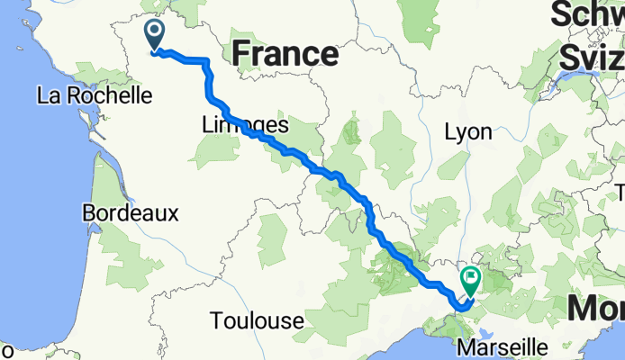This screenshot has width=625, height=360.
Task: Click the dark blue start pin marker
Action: [154, 35]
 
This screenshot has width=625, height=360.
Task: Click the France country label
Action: [285, 53]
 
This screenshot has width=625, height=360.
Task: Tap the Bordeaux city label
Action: [131, 213]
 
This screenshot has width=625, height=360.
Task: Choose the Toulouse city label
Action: [257, 320]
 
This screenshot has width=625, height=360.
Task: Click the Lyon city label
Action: [468, 132]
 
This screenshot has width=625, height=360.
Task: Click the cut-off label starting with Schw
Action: [588, 16]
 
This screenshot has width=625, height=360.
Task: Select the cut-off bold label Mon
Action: [595, 309]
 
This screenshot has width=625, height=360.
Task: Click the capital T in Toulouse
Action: [217, 320]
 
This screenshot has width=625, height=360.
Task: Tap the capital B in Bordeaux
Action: [88, 213]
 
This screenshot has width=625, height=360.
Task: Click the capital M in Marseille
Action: [466, 346]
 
